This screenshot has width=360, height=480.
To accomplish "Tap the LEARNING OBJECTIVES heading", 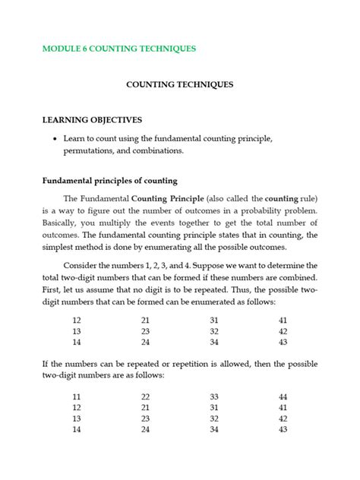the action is (92, 120).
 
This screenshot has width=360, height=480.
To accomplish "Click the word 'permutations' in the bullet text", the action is (90, 151).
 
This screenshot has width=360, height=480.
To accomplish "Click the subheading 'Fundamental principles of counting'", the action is (109, 181).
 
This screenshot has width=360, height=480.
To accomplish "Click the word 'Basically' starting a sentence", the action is (63, 222).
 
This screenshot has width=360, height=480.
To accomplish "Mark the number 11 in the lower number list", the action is (77, 396).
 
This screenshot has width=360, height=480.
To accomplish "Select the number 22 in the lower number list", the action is (145, 396).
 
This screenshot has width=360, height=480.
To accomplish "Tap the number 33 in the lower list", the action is (214, 396).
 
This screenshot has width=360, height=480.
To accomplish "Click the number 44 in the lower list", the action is (283, 396).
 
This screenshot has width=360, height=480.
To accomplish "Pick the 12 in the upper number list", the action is (77, 321).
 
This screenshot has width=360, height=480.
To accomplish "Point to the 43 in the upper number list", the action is (283, 343).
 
